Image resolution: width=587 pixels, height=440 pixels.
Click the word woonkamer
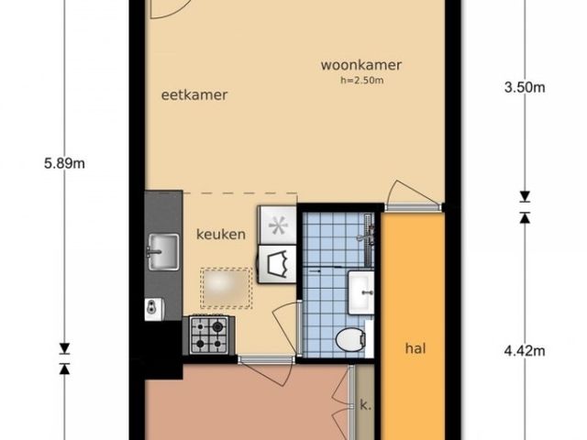(361, 65)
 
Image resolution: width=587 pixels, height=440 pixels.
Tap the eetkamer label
(194, 94)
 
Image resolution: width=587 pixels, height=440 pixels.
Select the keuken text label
(221, 234)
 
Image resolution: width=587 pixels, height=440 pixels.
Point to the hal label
(417, 348)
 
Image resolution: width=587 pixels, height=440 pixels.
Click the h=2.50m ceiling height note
(361, 81)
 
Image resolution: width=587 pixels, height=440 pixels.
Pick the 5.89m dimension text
(64, 164)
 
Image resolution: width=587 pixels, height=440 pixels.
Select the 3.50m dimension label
(526, 88)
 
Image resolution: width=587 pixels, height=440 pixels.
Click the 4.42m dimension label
(526, 349)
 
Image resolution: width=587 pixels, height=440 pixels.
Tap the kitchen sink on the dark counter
(163, 248)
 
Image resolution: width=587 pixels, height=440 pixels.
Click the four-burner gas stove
(210, 335)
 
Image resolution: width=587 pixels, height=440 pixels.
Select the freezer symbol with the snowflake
(277, 223)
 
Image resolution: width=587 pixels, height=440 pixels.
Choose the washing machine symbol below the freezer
(277, 265)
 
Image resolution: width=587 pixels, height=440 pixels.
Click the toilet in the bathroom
(350, 339)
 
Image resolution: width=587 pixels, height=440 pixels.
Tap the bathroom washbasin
(361, 291)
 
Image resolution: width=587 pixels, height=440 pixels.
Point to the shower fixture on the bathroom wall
(366, 234)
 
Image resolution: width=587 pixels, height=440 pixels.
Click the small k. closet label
(364, 403)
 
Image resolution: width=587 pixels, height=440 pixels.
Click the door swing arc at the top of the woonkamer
(171, 9)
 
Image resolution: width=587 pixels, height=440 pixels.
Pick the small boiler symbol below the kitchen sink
(151, 306)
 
